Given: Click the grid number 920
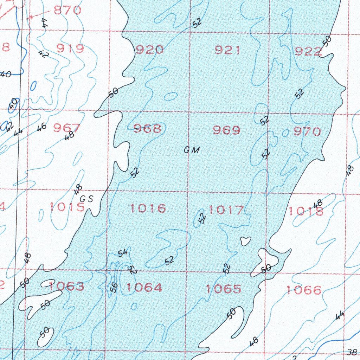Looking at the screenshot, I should point(150,50).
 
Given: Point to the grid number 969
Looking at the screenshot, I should point(227,130).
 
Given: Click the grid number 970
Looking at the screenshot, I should point(307,131).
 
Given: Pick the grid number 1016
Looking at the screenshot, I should point(148,208).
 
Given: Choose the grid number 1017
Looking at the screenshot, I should point(226,210).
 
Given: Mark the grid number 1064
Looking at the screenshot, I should point(144,288).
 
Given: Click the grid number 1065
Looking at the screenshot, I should point(224,289).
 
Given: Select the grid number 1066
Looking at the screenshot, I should point(304,290).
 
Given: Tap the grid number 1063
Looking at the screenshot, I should point(66,286).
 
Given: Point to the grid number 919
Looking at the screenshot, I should point(70,49).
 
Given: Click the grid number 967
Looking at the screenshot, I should point(67,128).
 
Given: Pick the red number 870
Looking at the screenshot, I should point(68,10).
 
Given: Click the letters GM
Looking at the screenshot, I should point(192,150).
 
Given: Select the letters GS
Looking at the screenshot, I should point(86,199).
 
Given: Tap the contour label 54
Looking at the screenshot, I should point(123,253).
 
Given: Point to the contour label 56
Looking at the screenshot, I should point(113,288).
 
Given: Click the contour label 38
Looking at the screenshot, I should point(352,352).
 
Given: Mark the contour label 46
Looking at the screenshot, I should point(41,127).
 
